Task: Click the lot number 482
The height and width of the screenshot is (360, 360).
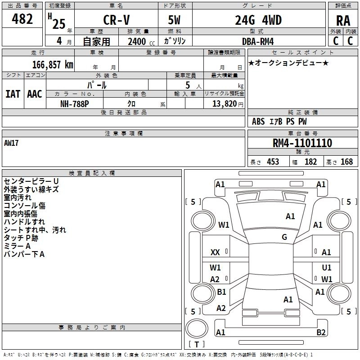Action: (23, 19)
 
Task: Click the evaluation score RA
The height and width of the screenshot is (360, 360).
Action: (343, 21)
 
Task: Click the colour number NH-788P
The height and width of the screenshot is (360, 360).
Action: (75, 103)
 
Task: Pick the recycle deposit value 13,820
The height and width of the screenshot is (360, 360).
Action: (224, 103)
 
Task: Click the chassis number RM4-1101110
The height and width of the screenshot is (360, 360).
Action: (302, 143)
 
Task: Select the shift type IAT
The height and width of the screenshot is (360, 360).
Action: (13, 94)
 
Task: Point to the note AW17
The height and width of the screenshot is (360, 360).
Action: (12, 143)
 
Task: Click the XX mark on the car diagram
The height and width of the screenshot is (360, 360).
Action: (215, 252)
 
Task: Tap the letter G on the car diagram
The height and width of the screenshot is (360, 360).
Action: (284, 237)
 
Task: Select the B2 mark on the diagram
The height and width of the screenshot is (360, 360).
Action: (321, 333)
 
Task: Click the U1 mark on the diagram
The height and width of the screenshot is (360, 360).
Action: (327, 268)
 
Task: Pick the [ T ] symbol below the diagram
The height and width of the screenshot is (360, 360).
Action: (196, 344)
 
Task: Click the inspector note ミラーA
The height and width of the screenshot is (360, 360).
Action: (17, 246)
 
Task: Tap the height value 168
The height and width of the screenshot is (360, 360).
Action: (346, 162)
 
